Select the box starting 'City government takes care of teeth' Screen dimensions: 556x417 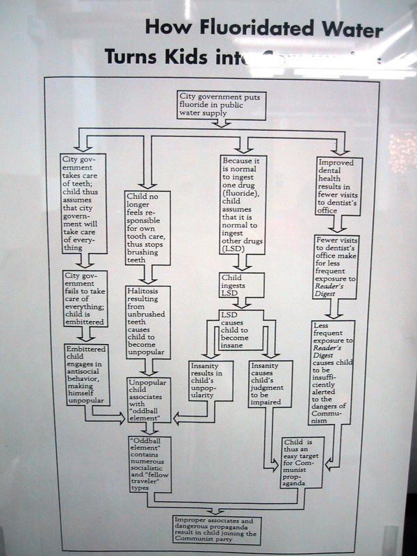coord(82,203)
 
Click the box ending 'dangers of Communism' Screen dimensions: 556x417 coord(332,373)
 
